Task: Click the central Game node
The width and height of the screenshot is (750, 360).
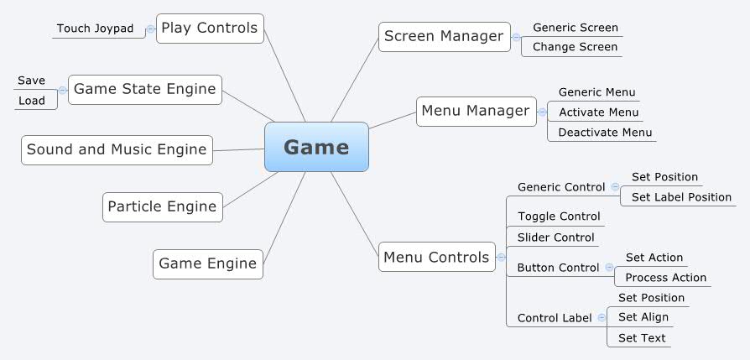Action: (316, 147)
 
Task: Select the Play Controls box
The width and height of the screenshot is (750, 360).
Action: (210, 28)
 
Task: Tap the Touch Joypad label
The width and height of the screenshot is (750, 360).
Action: (95, 29)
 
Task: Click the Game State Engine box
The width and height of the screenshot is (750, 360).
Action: (145, 89)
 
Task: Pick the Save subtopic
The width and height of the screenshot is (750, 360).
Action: (32, 81)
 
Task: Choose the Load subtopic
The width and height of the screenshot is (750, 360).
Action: (32, 101)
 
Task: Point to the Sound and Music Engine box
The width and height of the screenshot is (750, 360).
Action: (117, 149)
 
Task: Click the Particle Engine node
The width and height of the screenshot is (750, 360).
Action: (163, 206)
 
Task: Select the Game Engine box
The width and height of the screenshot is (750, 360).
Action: (208, 263)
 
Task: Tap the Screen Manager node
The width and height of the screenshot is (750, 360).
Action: (445, 36)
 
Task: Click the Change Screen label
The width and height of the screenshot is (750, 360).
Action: (575, 47)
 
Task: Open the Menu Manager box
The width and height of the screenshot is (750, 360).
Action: (476, 111)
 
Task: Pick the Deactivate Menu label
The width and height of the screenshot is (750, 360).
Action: (605, 132)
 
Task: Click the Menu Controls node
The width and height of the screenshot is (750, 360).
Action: (436, 257)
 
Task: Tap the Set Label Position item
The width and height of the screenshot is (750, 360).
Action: (681, 197)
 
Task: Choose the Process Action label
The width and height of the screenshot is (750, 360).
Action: (666, 278)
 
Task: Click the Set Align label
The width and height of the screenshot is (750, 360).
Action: (643, 317)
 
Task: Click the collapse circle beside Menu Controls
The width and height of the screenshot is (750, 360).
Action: (502, 257)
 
